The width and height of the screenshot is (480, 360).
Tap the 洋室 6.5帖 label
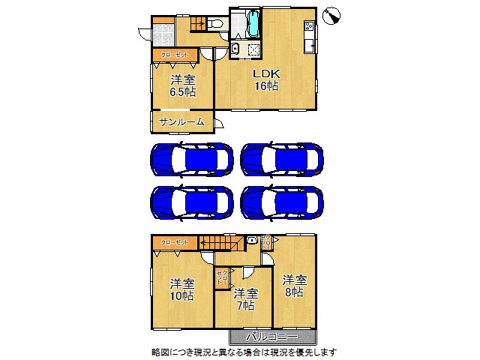click(x=182, y=85)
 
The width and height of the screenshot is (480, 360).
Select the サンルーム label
click(x=181, y=121)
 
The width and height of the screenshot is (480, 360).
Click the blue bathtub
click(x=252, y=24)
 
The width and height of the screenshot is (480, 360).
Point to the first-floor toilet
click(x=215, y=24)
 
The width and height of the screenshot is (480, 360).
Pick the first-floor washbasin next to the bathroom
click(x=235, y=49)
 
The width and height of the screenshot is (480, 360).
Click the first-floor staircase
click(x=197, y=23)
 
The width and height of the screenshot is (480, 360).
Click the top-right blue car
click(x=282, y=159)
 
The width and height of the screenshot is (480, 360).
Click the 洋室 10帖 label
click(x=181, y=290)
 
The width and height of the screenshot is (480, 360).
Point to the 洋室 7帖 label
click(x=244, y=299)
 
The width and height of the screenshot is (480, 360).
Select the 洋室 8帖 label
click(x=293, y=286)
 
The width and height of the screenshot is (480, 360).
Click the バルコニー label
click(x=273, y=337)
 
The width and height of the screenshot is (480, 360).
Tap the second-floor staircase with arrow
click(x=221, y=244)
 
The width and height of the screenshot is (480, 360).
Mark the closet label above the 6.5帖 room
click(x=175, y=55)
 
